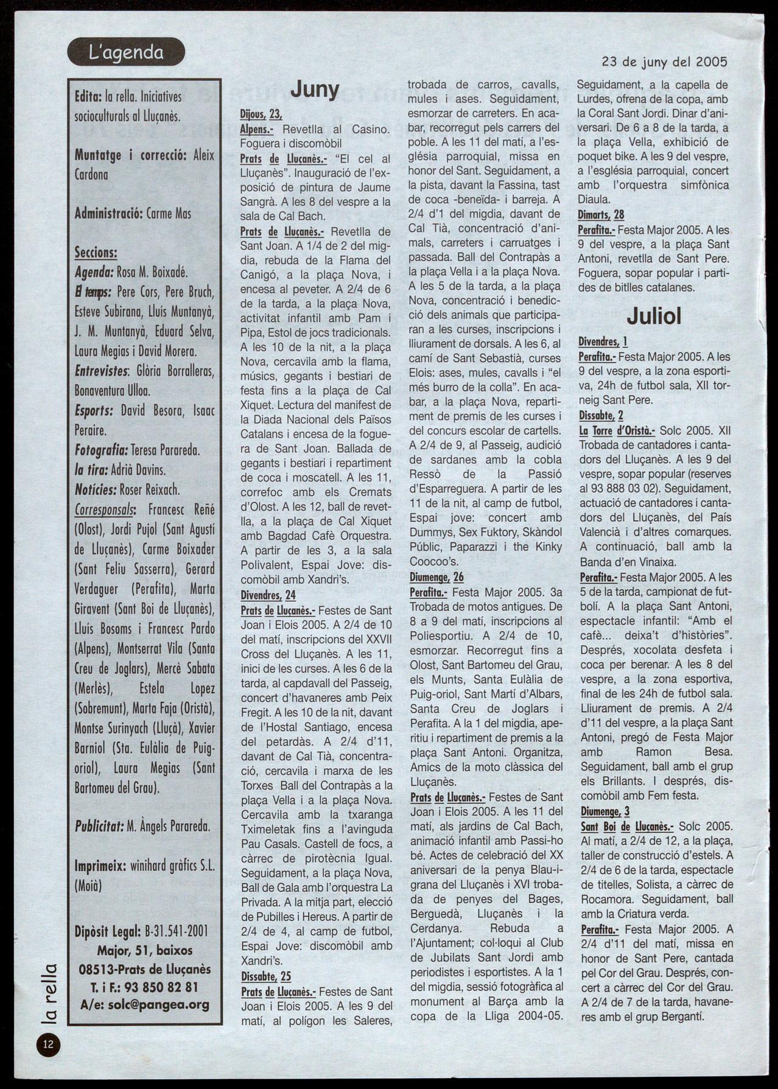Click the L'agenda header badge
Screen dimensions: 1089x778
(127, 52)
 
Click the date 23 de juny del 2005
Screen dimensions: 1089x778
(664, 61)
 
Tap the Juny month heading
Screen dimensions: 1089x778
(314, 90)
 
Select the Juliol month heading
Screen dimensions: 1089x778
(654, 316)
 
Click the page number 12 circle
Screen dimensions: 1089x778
(48, 1045)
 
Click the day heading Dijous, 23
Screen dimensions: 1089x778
(261, 114)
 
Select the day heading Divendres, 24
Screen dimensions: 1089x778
(268, 595)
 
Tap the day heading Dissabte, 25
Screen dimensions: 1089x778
(266, 976)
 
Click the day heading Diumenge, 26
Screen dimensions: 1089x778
(436, 576)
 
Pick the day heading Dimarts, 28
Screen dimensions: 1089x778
(601, 215)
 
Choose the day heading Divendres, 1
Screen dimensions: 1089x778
(603, 342)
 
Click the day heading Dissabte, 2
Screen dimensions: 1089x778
(601, 416)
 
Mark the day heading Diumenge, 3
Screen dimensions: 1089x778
(605, 811)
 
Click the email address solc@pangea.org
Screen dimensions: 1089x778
(145, 1005)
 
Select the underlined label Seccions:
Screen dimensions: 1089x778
(96, 252)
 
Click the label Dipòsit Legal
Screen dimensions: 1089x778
(109, 931)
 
